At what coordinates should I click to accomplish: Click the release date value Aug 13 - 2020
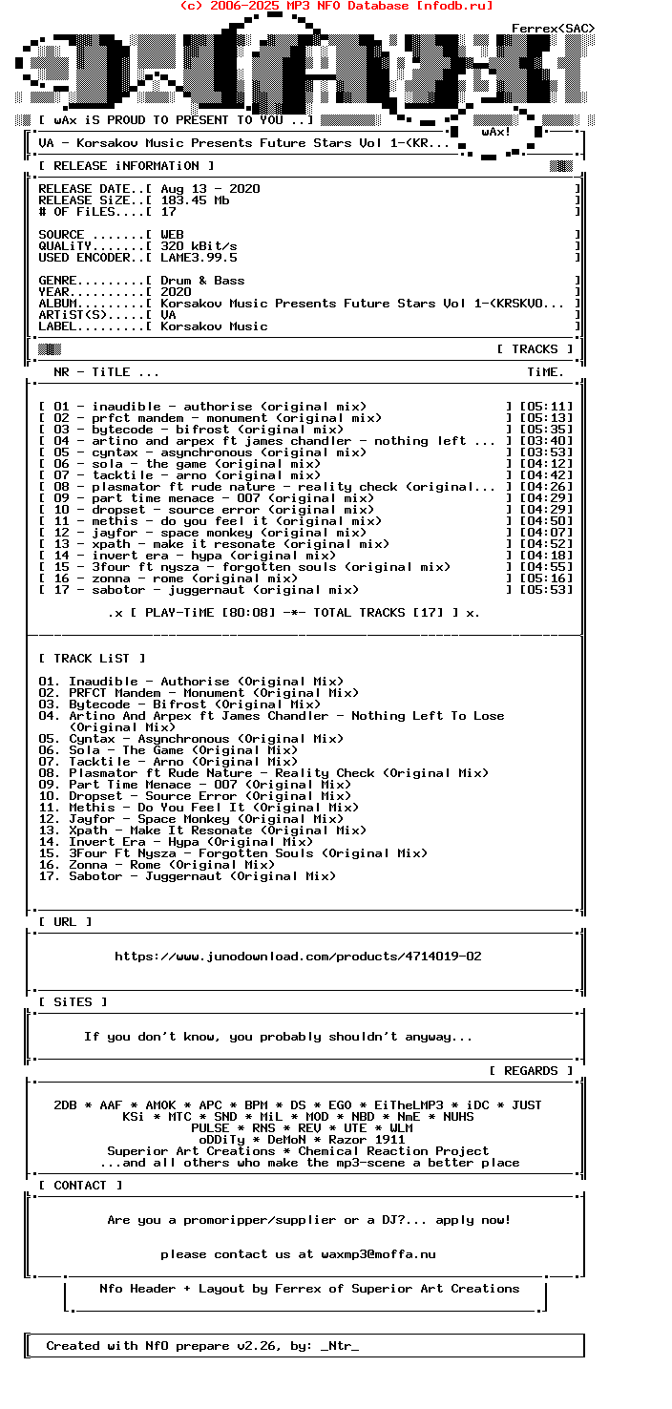[210, 189]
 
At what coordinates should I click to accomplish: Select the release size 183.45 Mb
[195, 200]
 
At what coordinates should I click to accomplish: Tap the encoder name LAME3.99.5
[199, 258]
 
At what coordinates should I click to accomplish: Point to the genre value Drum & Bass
[202, 281]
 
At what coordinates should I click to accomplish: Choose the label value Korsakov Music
[214, 326]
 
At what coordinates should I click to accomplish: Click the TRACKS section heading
[535, 349]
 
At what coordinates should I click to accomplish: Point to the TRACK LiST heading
[92, 659]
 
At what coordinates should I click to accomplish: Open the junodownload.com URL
[298, 957]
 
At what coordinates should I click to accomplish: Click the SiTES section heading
[73, 1002]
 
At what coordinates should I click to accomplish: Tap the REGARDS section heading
[531, 1071]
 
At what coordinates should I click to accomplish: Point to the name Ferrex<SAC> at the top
[554, 29]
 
